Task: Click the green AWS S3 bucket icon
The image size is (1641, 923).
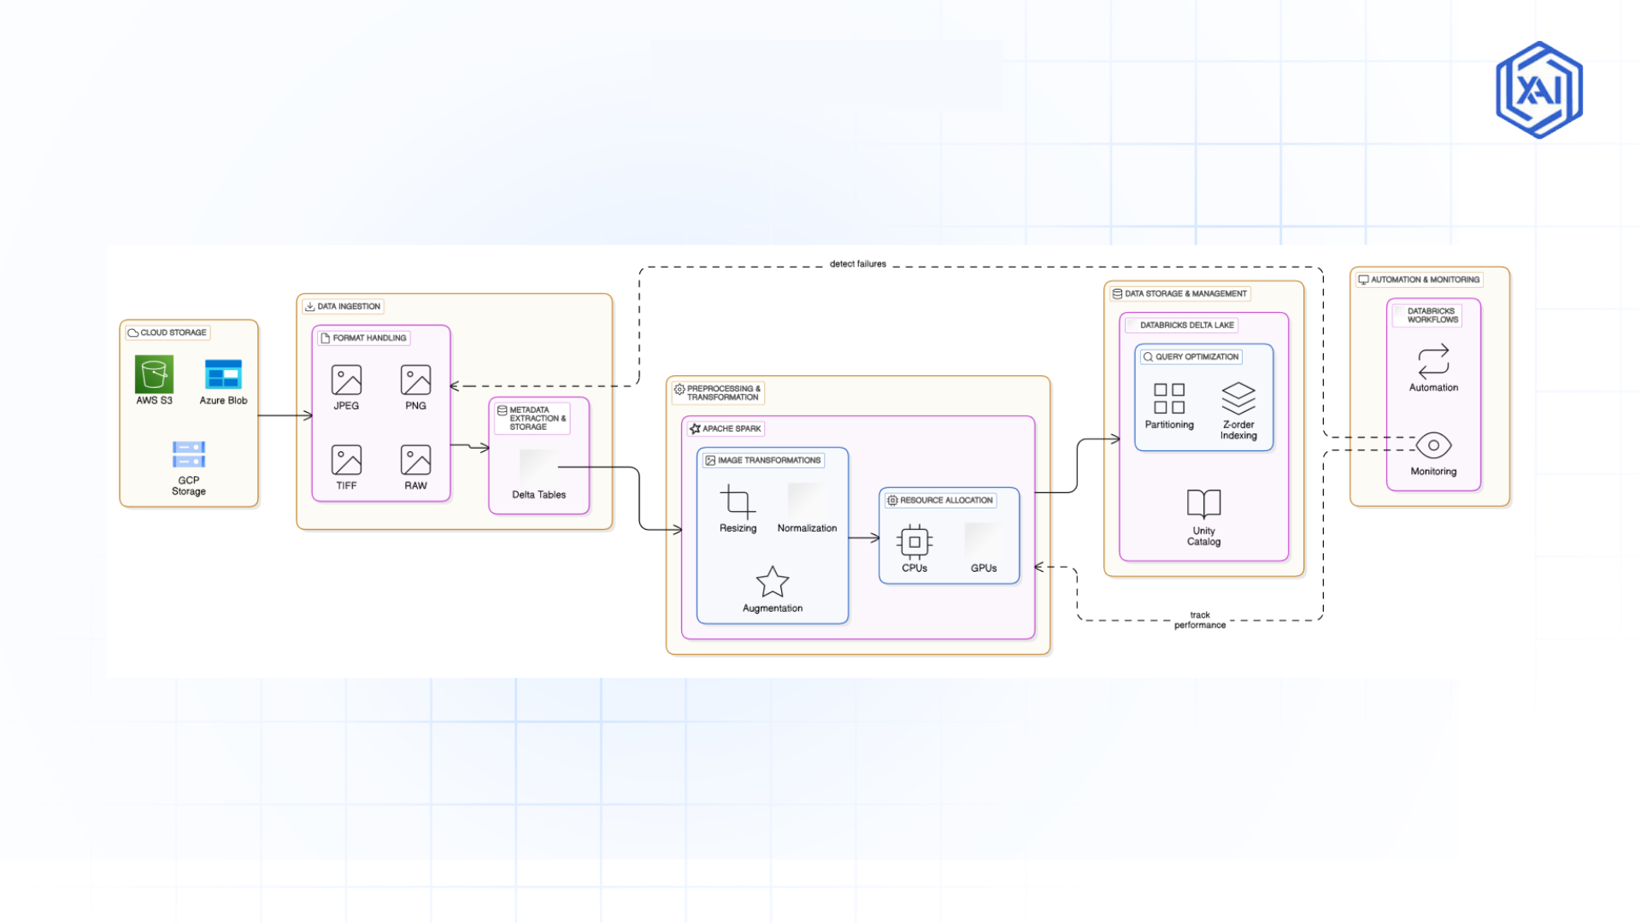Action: (154, 374)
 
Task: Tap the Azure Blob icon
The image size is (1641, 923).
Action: (223, 374)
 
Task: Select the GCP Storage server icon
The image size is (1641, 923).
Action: (188, 454)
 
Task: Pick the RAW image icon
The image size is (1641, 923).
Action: (415, 460)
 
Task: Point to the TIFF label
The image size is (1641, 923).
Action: (346, 485)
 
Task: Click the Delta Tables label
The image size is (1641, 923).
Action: (538, 495)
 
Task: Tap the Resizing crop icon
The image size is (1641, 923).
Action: (738, 502)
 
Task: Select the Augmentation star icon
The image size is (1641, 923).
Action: (773, 582)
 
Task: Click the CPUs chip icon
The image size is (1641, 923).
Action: (915, 542)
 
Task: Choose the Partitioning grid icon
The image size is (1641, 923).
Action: (1169, 398)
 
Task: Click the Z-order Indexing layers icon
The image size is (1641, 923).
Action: (1238, 398)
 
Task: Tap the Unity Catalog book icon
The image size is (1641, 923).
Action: (1203, 503)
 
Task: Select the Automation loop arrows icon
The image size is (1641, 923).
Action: (1433, 362)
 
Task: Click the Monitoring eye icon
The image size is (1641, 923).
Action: (1433, 445)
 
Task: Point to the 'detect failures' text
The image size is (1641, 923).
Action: (857, 264)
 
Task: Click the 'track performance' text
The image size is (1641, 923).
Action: (1199, 620)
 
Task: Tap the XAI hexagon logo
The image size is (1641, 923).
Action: (1538, 90)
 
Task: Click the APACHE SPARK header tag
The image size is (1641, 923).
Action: (726, 429)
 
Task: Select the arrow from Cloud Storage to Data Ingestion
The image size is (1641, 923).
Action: (285, 415)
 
